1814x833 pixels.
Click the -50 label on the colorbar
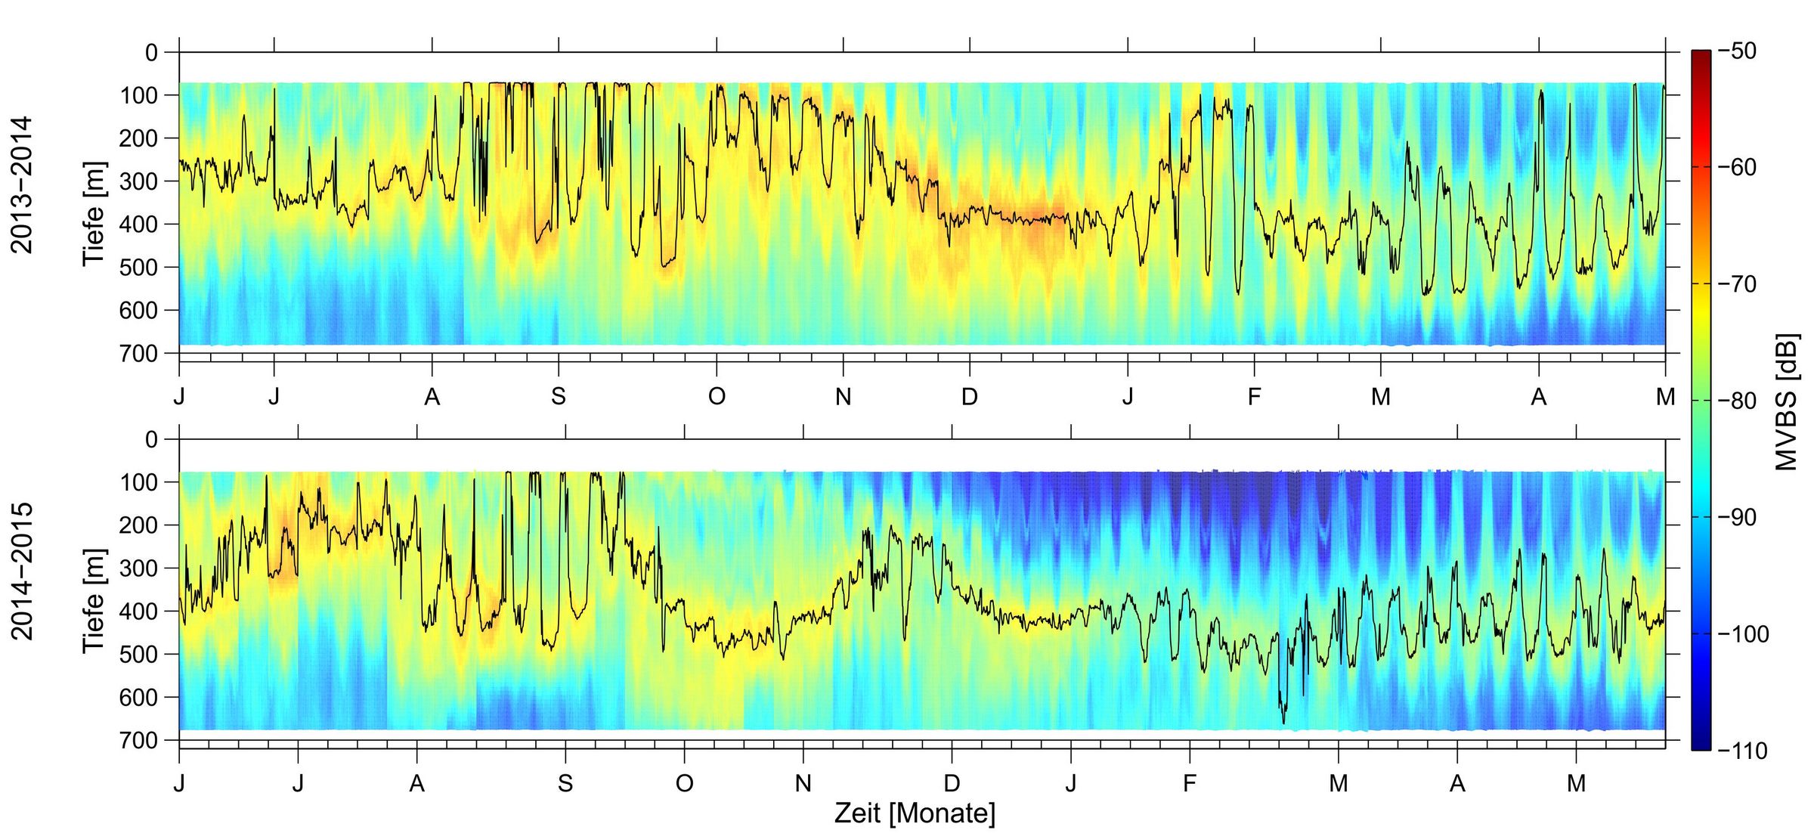click(x=1738, y=51)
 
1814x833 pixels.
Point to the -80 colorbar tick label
click(x=1738, y=401)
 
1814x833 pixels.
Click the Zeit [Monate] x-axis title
click(x=915, y=813)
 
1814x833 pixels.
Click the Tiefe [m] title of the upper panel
click(x=94, y=213)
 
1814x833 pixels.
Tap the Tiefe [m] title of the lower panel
click(x=94, y=601)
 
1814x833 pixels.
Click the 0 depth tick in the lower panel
click(x=151, y=439)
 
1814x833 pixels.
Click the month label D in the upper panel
click(x=970, y=396)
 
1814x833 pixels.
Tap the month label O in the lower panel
click(x=685, y=783)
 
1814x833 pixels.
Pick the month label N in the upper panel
click(x=844, y=396)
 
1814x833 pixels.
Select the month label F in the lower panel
click(x=1190, y=783)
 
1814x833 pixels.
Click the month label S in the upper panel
click(x=559, y=396)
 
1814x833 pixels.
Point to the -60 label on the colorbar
click(x=1738, y=167)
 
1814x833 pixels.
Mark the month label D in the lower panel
click(x=952, y=783)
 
